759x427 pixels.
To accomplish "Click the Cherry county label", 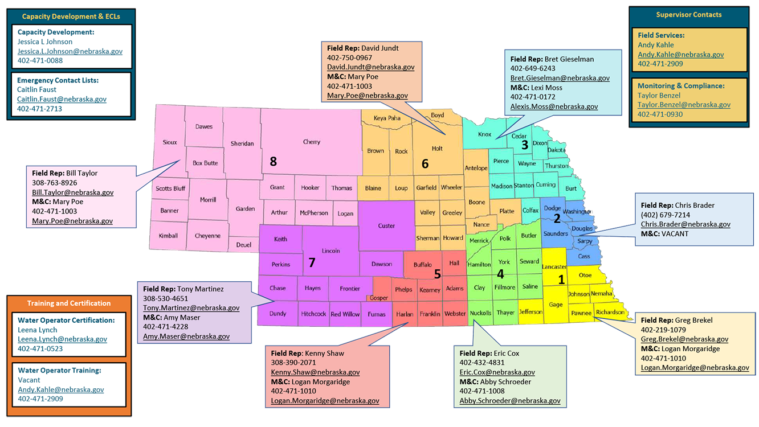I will pyautogui.click(x=312, y=142).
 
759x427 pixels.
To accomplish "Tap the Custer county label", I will pyautogui.click(x=386, y=226).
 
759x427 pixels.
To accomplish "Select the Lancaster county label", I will pyautogui.click(x=554, y=267).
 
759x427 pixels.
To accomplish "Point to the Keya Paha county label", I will pyautogui.click(x=387, y=118).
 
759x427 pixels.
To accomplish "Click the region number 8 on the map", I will pyautogui.click(x=274, y=162).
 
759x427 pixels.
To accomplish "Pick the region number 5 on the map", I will pyautogui.click(x=437, y=274).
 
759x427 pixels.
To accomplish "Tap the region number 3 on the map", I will pyautogui.click(x=525, y=145).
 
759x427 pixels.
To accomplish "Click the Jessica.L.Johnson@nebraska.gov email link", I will pyautogui.click(x=70, y=51).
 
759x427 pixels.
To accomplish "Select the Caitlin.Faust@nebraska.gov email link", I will pyautogui.click(x=62, y=99).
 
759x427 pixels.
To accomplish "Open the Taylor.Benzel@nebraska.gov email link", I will pyautogui.click(x=684, y=105).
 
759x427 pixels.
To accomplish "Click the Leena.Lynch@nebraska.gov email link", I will pyautogui.click(x=63, y=339).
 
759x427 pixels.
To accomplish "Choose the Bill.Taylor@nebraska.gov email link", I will pyautogui.click(x=73, y=192).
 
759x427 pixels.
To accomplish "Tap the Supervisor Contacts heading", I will pyautogui.click(x=689, y=15).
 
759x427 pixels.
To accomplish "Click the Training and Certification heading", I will pyautogui.click(x=69, y=303).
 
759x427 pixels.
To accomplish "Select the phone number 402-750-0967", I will pyautogui.click(x=350, y=58).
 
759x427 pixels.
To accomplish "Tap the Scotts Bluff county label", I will pyautogui.click(x=170, y=188).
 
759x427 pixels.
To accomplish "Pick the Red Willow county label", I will pyautogui.click(x=345, y=314).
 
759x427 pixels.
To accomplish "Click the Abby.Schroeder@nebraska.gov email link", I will pyautogui.click(x=510, y=401).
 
